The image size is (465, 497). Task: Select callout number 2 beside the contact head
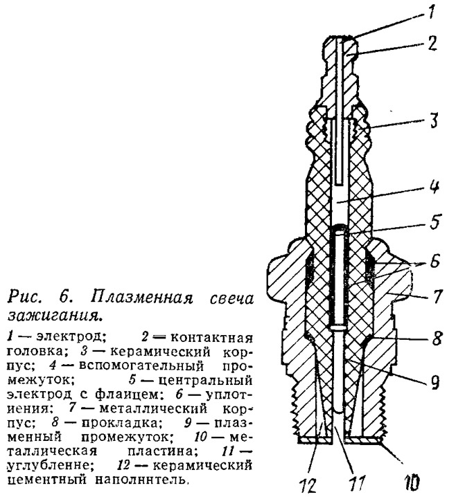click(x=432, y=43)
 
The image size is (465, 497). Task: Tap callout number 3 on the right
click(x=433, y=120)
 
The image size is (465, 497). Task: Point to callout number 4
click(x=435, y=186)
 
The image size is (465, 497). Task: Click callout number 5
click(x=435, y=222)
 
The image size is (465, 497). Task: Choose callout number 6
click(x=435, y=261)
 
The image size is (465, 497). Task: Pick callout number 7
click(x=437, y=296)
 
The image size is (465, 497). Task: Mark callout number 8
click(x=437, y=338)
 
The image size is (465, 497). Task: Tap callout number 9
click(x=435, y=381)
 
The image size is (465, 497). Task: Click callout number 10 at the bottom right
click(x=412, y=482)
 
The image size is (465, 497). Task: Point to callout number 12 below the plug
click(x=308, y=485)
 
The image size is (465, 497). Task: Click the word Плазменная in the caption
click(x=142, y=298)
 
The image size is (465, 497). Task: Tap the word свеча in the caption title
click(x=231, y=299)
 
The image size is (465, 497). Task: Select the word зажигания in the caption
click(x=56, y=315)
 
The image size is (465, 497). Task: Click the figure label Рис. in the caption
click(x=25, y=298)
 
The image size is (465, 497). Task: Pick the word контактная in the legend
click(x=211, y=338)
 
